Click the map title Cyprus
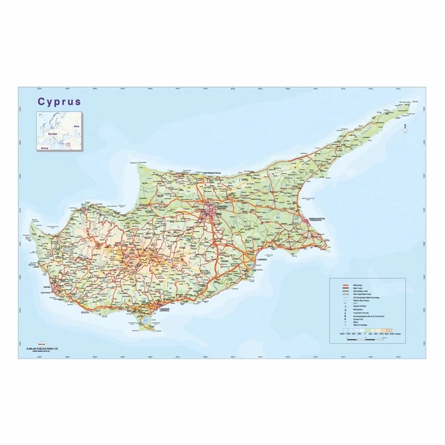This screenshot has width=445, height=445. [x=59, y=101]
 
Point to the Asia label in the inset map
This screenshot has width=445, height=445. [x=77, y=127]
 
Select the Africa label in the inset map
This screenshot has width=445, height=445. [x=44, y=147]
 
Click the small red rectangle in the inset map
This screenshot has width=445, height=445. [x=68, y=144]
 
